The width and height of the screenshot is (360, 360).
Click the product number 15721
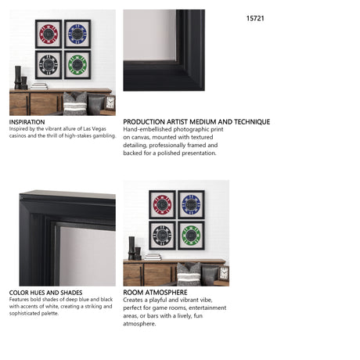pos(255,19)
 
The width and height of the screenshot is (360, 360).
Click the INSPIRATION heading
pos(27,122)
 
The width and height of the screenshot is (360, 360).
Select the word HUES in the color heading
pos(37,293)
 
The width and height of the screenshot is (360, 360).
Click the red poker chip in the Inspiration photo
pos(49,34)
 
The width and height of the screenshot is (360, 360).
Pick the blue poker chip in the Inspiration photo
pos(77,34)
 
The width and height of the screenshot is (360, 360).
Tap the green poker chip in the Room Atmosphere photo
pos(191,236)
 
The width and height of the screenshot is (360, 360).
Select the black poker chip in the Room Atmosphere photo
pos(162,236)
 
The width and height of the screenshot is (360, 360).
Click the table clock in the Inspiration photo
pos(110,103)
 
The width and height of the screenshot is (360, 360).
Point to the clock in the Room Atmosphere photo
pos(224,273)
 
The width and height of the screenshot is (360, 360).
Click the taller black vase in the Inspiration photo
pos(18,77)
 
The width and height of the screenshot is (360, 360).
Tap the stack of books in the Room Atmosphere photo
pos(153,257)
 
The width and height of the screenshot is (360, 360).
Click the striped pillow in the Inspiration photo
pos(75,104)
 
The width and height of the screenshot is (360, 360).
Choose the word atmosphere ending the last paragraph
pos(139,324)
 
